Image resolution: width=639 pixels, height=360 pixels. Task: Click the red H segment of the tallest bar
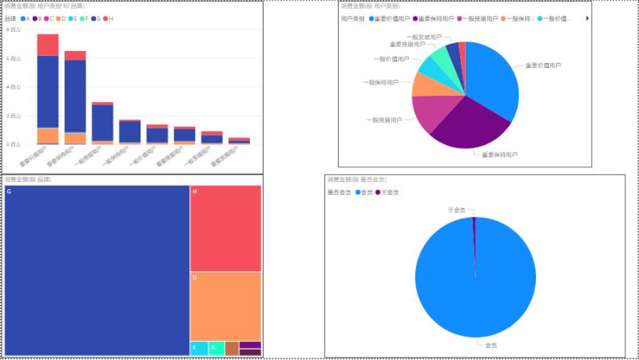point(48,45)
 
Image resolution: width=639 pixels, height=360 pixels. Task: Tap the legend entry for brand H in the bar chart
point(107,18)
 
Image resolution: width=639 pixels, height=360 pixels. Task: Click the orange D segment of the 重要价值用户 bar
point(48,135)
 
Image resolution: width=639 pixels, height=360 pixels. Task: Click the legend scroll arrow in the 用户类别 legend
point(587,18)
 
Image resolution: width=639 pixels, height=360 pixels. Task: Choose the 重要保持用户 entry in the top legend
point(438,18)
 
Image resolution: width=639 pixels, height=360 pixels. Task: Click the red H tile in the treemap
point(225,228)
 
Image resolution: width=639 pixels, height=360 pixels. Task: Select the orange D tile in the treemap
point(225,306)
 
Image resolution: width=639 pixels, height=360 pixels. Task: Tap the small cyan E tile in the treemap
point(198,348)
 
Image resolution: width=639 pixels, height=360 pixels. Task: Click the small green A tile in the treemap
point(216,348)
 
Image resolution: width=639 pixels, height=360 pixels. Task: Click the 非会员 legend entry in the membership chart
point(387,192)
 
